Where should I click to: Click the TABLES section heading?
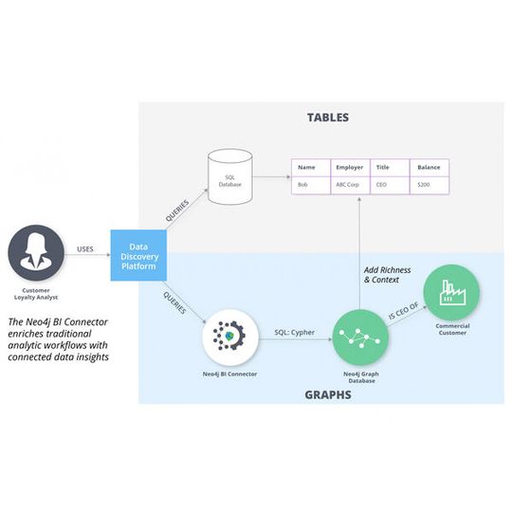[x=327, y=118]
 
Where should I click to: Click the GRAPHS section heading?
[x=328, y=393]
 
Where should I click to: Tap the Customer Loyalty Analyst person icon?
[x=36, y=254]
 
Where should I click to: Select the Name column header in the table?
[x=306, y=168]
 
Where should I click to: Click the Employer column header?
[x=349, y=168]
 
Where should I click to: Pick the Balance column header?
[x=430, y=168]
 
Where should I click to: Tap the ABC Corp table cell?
[x=349, y=185]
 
